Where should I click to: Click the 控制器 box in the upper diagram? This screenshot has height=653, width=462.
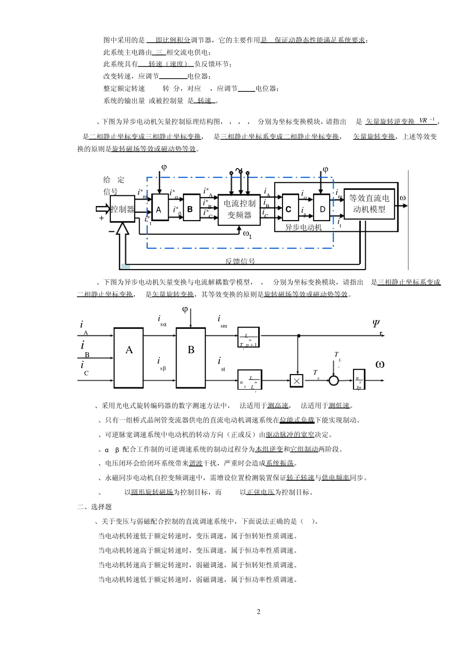click(x=122, y=209)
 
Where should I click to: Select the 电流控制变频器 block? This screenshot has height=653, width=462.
click(x=239, y=209)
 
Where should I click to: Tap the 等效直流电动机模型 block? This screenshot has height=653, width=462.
click(x=369, y=204)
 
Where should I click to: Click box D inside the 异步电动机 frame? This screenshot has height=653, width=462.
click(x=322, y=209)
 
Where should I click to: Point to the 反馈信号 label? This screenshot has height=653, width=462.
click(x=240, y=261)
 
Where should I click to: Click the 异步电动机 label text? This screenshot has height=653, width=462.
click(x=303, y=227)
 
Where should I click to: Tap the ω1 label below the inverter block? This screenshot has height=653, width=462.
click(x=247, y=234)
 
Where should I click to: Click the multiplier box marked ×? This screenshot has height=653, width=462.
click(x=296, y=380)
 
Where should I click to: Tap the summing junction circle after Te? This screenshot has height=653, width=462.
click(x=334, y=380)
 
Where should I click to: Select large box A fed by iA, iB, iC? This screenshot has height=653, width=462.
click(x=129, y=357)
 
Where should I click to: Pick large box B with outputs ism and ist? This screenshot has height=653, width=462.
click(x=191, y=357)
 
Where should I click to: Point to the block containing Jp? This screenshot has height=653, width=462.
click(x=358, y=380)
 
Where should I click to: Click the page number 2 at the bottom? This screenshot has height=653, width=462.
click(x=259, y=612)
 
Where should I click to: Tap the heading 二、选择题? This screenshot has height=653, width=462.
click(x=94, y=507)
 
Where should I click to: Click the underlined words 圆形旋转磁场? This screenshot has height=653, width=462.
click(x=152, y=492)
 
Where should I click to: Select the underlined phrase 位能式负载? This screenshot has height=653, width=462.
click(x=297, y=420)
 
